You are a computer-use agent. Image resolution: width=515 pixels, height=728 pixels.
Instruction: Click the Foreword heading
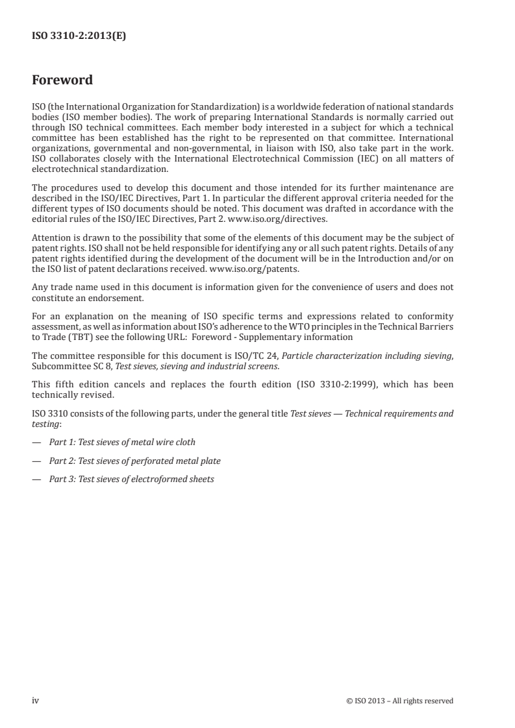(x=62, y=80)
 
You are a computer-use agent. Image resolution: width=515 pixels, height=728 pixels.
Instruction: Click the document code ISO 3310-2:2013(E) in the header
(x=79, y=36)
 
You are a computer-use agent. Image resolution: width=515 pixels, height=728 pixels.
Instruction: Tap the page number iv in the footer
(x=36, y=700)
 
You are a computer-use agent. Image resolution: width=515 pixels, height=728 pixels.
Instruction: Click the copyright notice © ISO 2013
(x=400, y=700)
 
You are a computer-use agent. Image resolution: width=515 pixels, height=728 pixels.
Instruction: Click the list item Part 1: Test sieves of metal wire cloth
(x=122, y=442)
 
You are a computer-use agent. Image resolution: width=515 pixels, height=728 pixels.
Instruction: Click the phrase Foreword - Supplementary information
(x=286, y=337)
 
